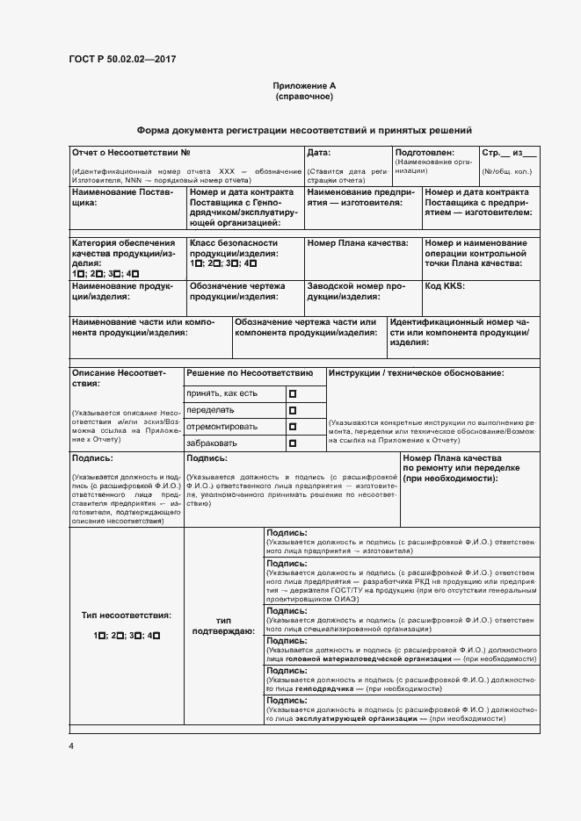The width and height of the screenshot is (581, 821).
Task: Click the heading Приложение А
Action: pyautogui.click(x=304, y=86)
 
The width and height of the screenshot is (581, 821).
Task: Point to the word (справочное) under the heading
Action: pyautogui.click(x=304, y=97)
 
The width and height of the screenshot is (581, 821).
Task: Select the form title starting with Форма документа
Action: pyautogui.click(x=304, y=129)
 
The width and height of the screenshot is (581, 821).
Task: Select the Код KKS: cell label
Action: pyautogui.click(x=445, y=286)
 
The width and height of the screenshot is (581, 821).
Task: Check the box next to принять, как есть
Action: pyautogui.click(x=293, y=393)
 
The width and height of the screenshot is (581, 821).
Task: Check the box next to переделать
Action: pyautogui.click(x=293, y=410)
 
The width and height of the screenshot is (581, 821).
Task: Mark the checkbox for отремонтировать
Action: pyautogui.click(x=293, y=427)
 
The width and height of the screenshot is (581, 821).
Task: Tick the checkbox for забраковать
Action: pyautogui.click(x=293, y=443)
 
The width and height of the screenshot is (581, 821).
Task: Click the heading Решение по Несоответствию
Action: pyautogui.click(x=250, y=374)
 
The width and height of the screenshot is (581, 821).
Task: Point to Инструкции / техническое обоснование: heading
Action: pyautogui.click(x=417, y=374)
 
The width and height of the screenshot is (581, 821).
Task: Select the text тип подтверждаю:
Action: pyautogui.click(x=223, y=625)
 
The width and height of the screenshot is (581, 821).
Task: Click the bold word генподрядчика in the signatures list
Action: pyautogui.click(x=325, y=689)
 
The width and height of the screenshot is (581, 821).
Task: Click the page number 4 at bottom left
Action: pyautogui.click(x=72, y=745)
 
